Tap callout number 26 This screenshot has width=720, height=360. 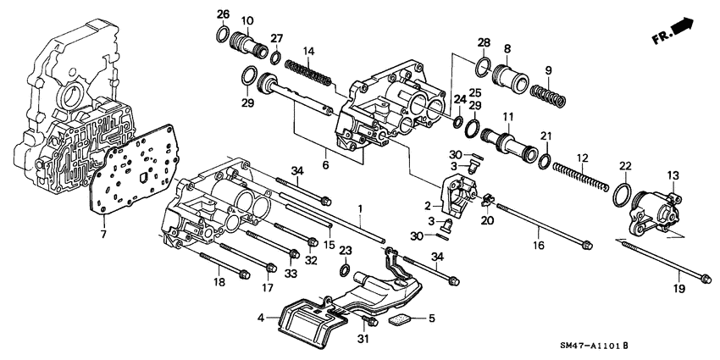pyautogui.click(x=223, y=14)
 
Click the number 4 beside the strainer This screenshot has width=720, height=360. pyautogui.click(x=262, y=318)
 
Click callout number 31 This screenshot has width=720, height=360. pyautogui.click(x=363, y=341)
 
